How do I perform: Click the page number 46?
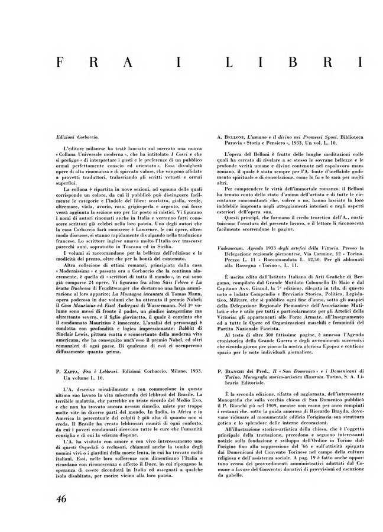(57, 499)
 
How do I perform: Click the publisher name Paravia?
(228, 143)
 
